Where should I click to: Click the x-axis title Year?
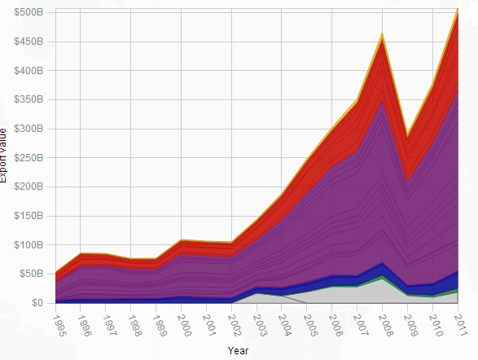point(239,351)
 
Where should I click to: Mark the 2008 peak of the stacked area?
point(383,34)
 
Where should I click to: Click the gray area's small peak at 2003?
point(257,293)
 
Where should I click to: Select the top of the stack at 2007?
point(357,100)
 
